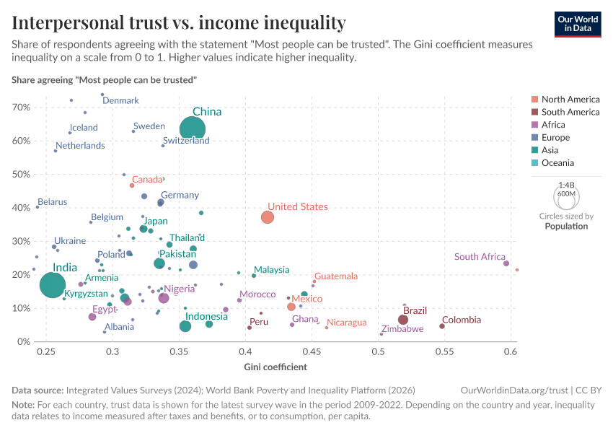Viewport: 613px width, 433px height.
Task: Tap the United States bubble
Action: click(268, 217)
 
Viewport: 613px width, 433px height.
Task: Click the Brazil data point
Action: click(403, 320)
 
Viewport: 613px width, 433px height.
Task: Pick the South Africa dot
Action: click(506, 263)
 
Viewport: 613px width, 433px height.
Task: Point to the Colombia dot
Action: click(442, 326)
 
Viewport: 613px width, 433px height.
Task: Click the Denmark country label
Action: click(120, 100)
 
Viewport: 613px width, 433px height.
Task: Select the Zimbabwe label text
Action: click(402, 329)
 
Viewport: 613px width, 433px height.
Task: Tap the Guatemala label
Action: click(336, 276)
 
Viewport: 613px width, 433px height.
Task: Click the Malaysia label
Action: click(272, 270)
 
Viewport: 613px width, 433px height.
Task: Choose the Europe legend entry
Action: click(555, 137)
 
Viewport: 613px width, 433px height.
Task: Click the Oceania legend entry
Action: click(558, 162)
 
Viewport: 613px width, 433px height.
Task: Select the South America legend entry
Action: click(570, 112)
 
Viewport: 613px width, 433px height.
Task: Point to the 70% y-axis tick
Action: click(20, 108)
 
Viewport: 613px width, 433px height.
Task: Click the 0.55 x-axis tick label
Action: click(444, 351)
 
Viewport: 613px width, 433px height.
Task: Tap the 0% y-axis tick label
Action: click(23, 341)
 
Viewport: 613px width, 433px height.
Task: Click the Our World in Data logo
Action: click(578, 23)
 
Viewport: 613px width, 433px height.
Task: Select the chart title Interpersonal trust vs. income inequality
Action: click(179, 22)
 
